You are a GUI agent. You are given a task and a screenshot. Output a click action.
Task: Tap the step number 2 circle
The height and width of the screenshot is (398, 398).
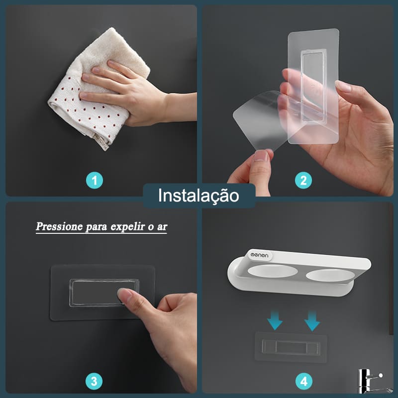click(x=303, y=180)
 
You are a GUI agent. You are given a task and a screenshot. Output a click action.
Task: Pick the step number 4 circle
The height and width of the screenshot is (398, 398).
click(x=303, y=381)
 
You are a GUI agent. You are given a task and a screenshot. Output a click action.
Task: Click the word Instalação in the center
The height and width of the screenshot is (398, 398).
click(x=199, y=196)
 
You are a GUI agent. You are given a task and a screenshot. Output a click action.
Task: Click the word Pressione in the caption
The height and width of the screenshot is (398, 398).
click(x=58, y=226)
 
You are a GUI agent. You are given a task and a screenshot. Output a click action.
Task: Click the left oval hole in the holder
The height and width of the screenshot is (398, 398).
click(x=271, y=272)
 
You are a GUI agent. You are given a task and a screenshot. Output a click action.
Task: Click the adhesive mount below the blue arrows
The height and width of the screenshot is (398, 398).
click(x=291, y=347)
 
